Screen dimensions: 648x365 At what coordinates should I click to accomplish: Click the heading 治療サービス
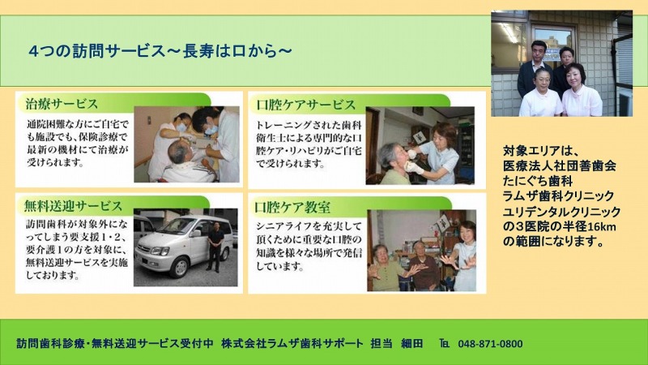[x=62, y=104]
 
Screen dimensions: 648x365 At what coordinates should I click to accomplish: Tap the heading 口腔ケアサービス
[x=306, y=105]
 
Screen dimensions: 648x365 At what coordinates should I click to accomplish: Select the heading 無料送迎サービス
[x=73, y=206]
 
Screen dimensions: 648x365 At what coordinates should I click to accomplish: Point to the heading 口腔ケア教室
[x=292, y=208]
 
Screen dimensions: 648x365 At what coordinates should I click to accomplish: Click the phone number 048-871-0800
[x=490, y=343]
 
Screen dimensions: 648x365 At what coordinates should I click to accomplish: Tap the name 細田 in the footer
[x=412, y=343]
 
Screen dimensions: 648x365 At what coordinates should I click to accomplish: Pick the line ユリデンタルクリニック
[x=561, y=212]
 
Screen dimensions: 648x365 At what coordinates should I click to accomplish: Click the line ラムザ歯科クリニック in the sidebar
[x=558, y=196]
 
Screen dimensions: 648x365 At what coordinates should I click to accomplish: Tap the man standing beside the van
[x=215, y=247]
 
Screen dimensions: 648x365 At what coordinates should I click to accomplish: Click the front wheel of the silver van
[x=180, y=267]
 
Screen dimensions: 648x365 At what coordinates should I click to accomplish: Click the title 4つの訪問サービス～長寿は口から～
[x=160, y=51]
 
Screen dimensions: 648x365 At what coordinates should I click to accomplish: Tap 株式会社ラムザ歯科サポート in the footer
[x=292, y=343]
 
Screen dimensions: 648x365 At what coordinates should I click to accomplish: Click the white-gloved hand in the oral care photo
[x=413, y=168]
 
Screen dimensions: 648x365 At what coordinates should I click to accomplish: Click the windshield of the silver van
[x=178, y=227]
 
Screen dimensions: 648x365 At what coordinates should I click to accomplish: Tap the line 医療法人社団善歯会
[x=560, y=165]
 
